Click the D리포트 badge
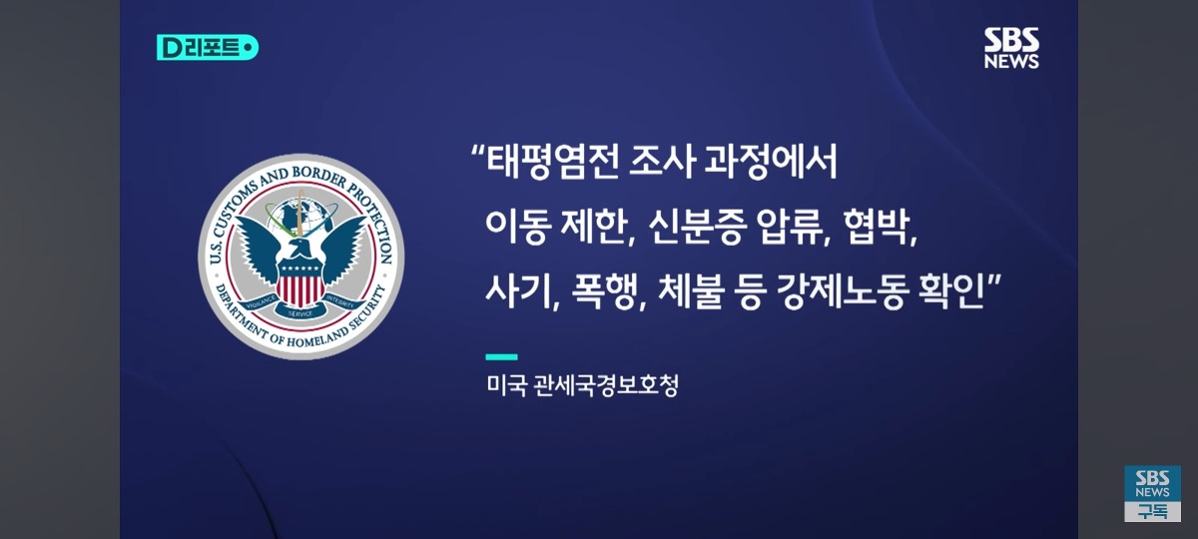click(208, 47)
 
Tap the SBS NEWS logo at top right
click(1011, 48)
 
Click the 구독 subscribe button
click(1152, 512)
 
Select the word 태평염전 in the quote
click(552, 163)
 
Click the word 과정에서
click(770, 163)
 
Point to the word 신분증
click(698, 228)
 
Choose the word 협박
click(878, 228)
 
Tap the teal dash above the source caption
click(501, 357)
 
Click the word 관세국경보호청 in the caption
click(606, 385)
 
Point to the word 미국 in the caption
click(506, 385)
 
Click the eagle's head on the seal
click(300, 248)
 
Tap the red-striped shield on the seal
click(300, 284)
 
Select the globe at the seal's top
click(300, 217)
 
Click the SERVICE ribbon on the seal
click(300, 313)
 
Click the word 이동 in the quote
click(518, 228)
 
